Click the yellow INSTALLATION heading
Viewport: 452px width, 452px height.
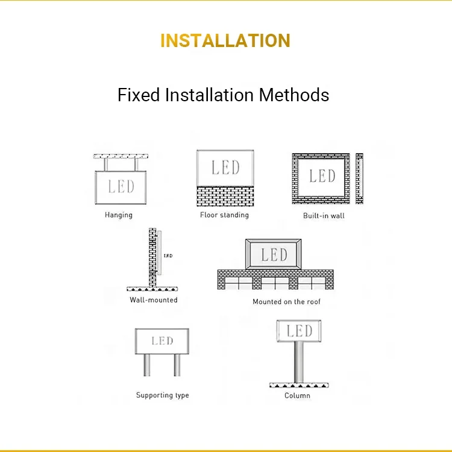point(225,40)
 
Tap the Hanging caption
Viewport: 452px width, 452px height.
point(119,215)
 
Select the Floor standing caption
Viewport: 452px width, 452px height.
point(224,215)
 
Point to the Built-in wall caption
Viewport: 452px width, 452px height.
point(324,215)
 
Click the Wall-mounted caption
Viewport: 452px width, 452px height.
point(154,300)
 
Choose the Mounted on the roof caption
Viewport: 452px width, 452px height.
point(287,301)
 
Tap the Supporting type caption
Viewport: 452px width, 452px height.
point(162,395)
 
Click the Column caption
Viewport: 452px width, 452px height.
point(297,395)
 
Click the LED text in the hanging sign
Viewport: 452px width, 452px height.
point(121,186)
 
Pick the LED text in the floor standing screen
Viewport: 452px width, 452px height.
point(225,168)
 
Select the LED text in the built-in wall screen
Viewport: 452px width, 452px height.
point(322,175)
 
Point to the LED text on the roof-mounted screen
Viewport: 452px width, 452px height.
point(274,254)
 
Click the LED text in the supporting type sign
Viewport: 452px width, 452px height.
point(162,341)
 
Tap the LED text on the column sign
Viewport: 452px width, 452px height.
point(300,331)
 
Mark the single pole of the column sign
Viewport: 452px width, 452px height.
point(297,362)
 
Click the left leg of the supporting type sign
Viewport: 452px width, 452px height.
point(147,365)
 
